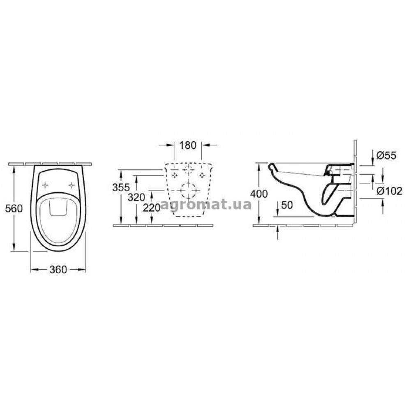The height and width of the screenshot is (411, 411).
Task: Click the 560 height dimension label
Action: click(x=14, y=209)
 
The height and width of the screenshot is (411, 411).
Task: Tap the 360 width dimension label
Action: click(x=58, y=270)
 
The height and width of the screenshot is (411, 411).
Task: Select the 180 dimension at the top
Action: click(x=188, y=145)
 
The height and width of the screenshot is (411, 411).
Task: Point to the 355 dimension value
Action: click(x=121, y=188)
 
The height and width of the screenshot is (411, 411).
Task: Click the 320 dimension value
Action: click(x=136, y=197)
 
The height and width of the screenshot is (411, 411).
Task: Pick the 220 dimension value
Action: click(x=152, y=208)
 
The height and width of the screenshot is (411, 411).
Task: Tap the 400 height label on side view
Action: click(x=259, y=194)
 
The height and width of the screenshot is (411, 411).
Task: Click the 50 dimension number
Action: click(x=287, y=205)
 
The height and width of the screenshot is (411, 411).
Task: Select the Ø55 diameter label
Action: click(x=386, y=156)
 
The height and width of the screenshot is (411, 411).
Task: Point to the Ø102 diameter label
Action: click(x=389, y=191)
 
